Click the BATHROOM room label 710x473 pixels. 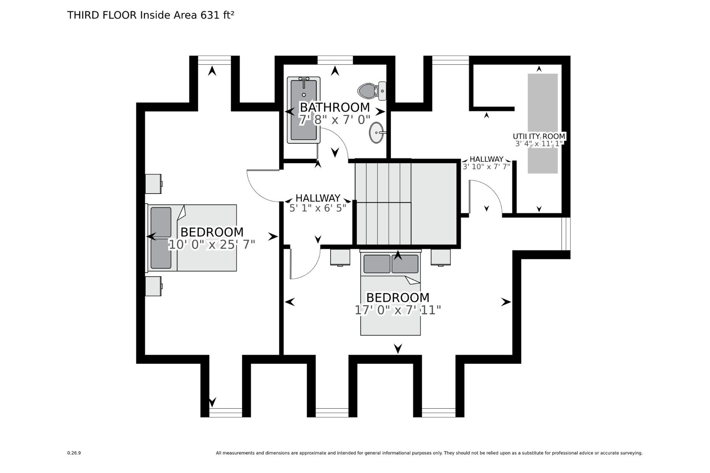(x=335, y=107)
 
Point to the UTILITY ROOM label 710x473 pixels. (x=539, y=136)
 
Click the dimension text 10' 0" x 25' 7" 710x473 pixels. (x=212, y=245)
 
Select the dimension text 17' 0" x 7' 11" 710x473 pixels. (x=398, y=310)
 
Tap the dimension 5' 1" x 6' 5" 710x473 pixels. (x=318, y=208)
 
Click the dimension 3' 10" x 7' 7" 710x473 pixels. (x=486, y=167)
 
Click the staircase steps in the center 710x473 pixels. (x=383, y=203)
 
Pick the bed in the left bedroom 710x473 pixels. (x=192, y=238)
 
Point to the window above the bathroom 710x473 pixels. (x=335, y=60)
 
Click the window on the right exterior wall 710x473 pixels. (x=566, y=233)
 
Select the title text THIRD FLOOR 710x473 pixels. (x=102, y=15)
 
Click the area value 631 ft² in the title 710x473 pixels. (x=217, y=15)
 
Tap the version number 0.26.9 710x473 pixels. (x=74, y=453)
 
